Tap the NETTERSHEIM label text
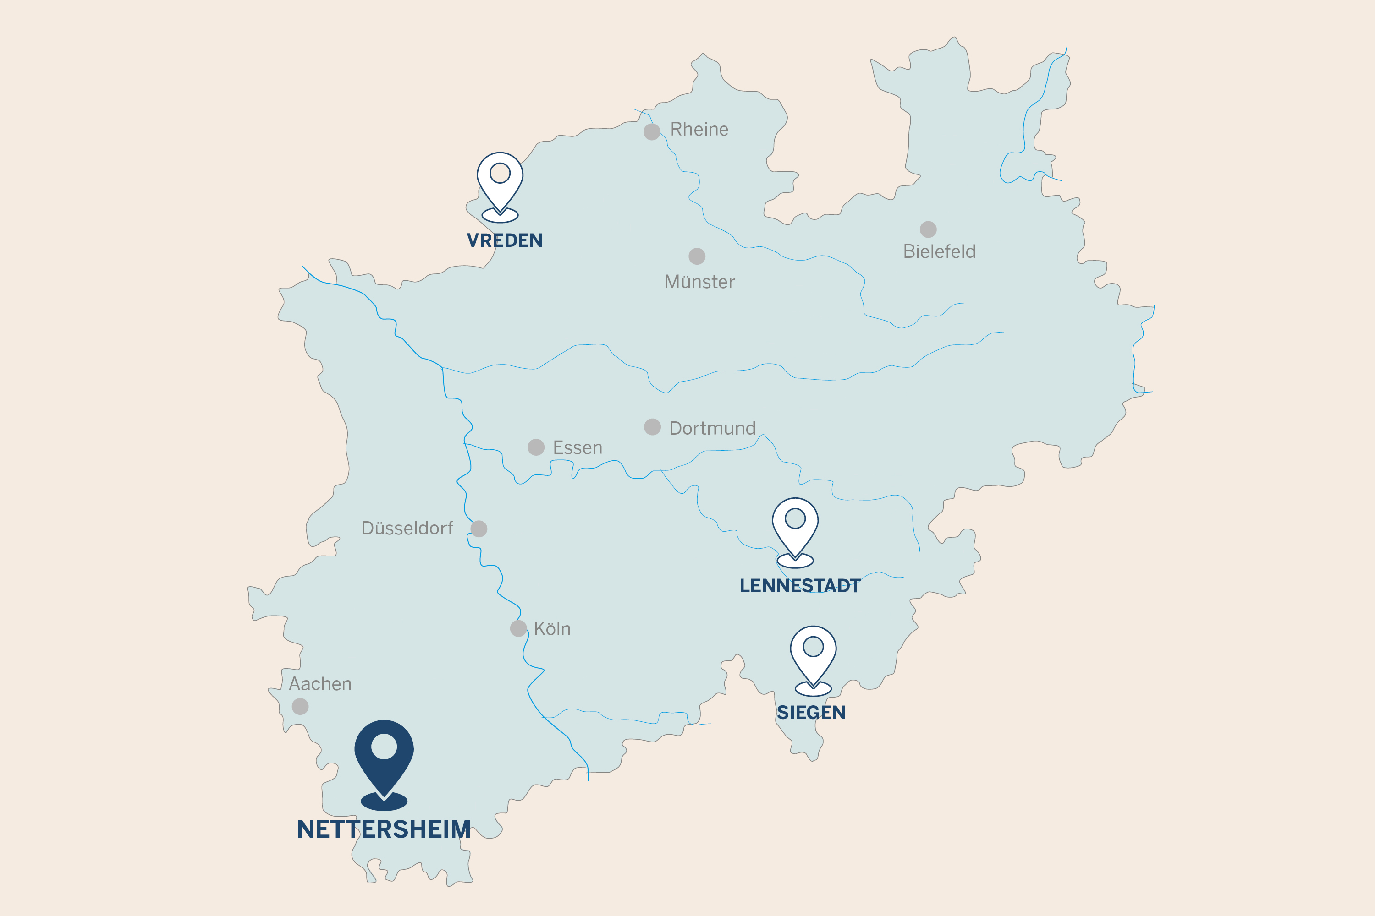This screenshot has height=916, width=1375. (x=384, y=829)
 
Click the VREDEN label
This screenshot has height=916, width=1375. (x=505, y=240)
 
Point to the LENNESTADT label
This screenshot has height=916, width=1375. (x=800, y=585)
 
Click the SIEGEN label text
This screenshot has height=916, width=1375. (x=811, y=713)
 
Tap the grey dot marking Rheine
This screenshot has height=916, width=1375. (x=652, y=131)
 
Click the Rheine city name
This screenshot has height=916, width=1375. (x=699, y=129)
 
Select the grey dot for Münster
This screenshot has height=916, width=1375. (x=697, y=256)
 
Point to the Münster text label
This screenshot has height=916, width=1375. (x=700, y=282)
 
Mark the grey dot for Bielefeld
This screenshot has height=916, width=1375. (x=929, y=229)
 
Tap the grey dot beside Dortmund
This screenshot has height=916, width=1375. (x=652, y=427)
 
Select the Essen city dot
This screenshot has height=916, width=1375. (x=536, y=447)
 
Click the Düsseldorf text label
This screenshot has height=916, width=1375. (x=407, y=528)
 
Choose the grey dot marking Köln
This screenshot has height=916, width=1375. (x=518, y=628)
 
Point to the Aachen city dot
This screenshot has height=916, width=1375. (x=300, y=706)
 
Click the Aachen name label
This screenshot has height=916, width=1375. (x=320, y=683)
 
